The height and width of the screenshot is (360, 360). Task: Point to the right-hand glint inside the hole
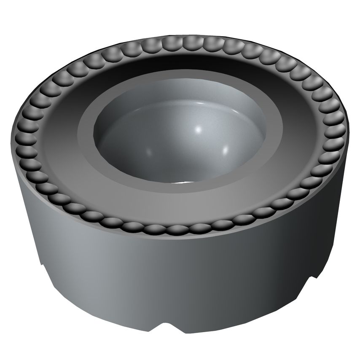point(226,148)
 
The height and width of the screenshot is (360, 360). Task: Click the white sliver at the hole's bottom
point(181,183)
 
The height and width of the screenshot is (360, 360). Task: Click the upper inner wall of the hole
point(181,105)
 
